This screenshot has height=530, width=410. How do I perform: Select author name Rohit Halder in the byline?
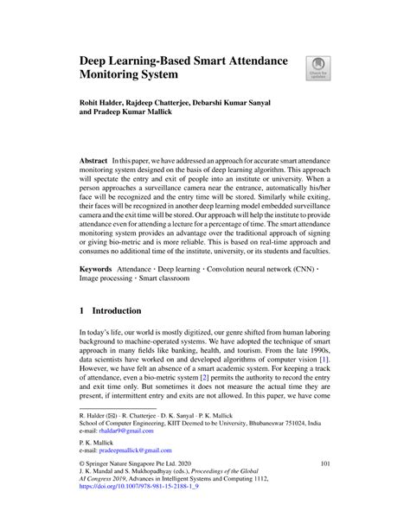(x=109, y=103)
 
